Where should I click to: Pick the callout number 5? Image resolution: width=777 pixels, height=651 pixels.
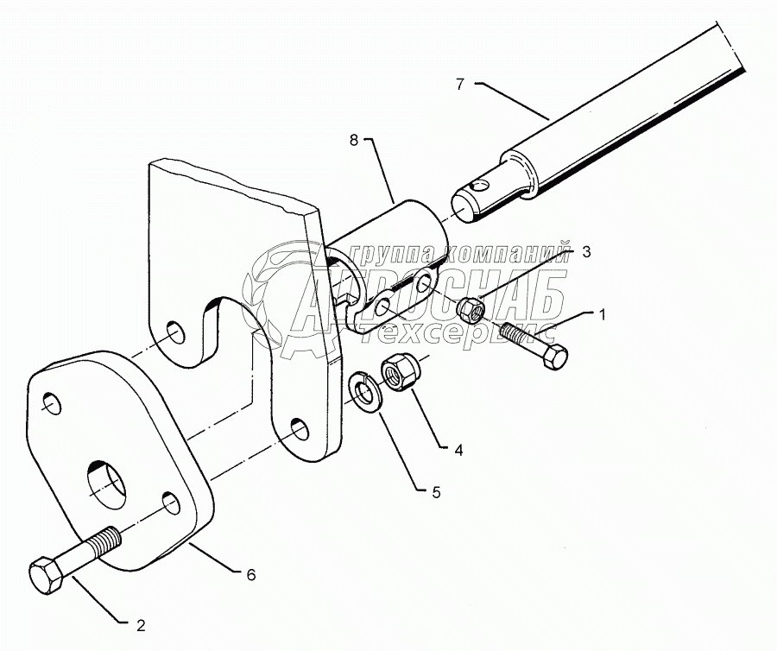(x=436, y=492)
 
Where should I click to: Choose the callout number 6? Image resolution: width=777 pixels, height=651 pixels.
(x=251, y=573)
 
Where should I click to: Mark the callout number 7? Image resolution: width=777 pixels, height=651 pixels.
(x=460, y=84)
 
